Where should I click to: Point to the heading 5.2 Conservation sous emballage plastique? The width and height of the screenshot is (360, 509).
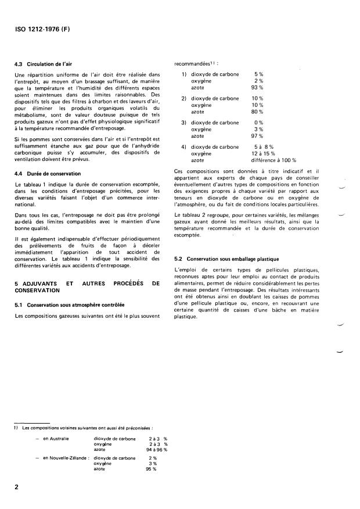pos(226,258)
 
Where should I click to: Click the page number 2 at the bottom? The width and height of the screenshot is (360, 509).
pos(16,488)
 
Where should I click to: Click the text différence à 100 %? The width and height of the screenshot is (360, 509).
pos(273,159)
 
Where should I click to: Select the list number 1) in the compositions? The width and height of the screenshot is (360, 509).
pos(184,74)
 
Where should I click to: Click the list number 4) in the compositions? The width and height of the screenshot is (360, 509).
pos(184,146)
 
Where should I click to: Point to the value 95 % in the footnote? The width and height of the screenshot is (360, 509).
pos(152,469)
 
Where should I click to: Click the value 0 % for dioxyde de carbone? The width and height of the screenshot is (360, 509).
pos(259,123)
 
